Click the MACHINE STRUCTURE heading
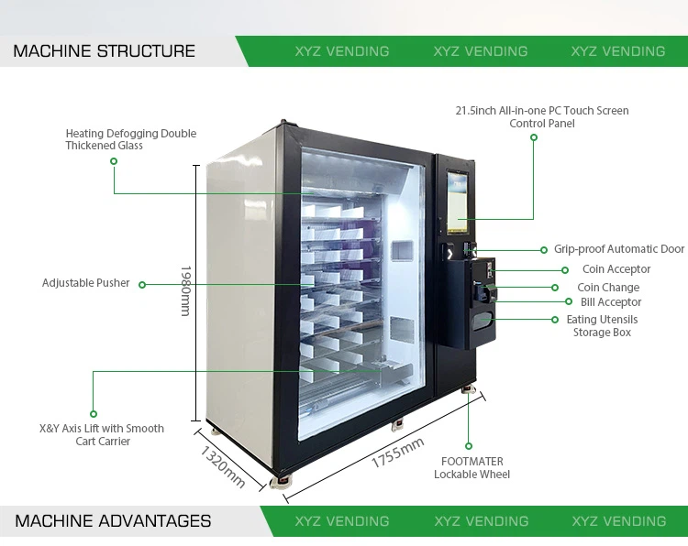click(104, 51)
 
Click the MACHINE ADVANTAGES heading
click(113, 521)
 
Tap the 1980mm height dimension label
click(184, 291)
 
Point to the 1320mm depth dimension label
click(223, 465)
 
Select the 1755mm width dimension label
click(397, 453)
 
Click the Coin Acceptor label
click(616, 269)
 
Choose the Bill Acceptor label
click(611, 302)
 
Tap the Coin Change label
click(608, 288)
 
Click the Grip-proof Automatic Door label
click(619, 249)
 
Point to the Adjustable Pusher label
click(86, 283)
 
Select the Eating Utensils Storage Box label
click(603, 326)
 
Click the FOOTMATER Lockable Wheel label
click(472, 468)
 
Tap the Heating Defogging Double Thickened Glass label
click(131, 139)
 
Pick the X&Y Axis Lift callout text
click(102, 434)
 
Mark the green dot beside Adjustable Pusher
click(141, 284)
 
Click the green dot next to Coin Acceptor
click(565, 270)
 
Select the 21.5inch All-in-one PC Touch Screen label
click(542, 116)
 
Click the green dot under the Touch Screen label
click(534, 137)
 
